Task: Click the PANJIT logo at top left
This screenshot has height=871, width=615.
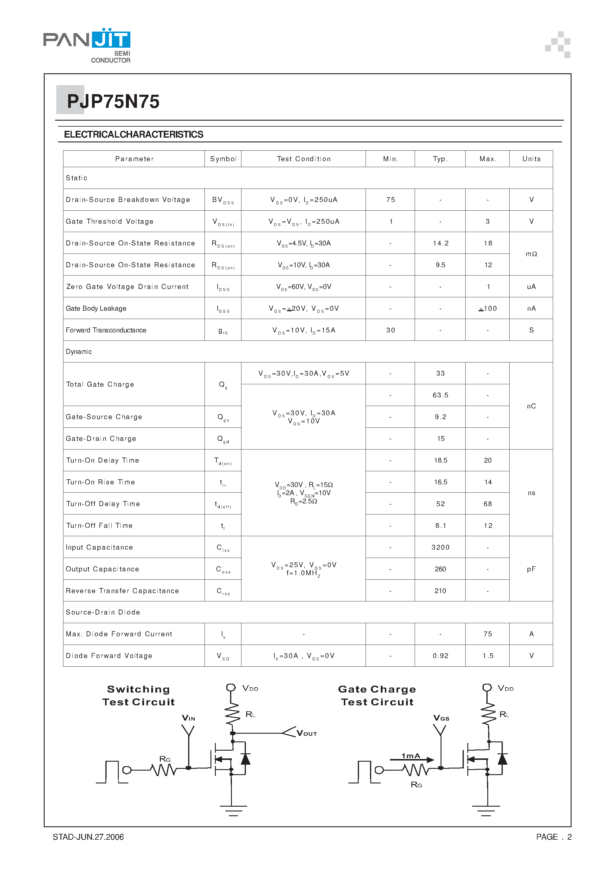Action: coord(87,45)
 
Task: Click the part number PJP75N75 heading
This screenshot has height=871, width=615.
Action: coord(113,102)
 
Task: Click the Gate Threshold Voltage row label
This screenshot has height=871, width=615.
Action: coord(110,222)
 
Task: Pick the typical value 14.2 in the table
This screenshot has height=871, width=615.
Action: coord(440,243)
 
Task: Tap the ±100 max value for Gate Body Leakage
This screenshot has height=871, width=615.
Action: coord(488,308)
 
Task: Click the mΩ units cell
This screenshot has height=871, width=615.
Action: coord(531,254)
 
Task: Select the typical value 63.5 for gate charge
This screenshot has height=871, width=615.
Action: coord(440,395)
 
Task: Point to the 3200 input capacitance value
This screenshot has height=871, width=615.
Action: coord(440,548)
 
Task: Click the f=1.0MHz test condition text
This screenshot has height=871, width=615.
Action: coord(303,573)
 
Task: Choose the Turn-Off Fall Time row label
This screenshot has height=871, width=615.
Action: coord(99,526)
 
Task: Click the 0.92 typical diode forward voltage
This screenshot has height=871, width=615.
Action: coord(440,656)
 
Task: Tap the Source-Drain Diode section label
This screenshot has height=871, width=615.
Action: coord(103,612)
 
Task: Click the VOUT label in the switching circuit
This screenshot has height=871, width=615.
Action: coord(306,734)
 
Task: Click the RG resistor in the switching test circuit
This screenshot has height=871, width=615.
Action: coord(163,770)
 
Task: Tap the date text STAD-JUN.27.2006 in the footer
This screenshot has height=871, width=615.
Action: coord(88,837)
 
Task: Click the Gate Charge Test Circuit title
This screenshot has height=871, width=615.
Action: coord(377,695)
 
